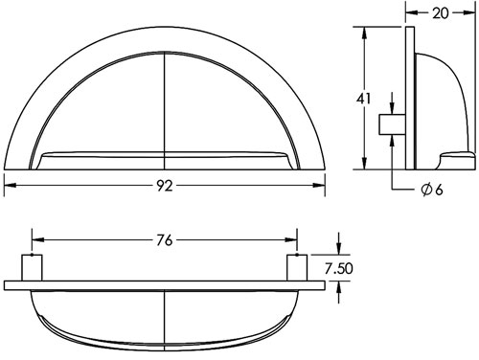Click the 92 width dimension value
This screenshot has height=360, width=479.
pos(165,187)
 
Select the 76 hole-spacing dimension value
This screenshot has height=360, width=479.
pos(165,240)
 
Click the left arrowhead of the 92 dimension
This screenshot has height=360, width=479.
pos(10,187)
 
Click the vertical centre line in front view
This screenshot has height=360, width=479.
pos(165,96)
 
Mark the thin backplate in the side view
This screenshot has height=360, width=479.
pos(409,96)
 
